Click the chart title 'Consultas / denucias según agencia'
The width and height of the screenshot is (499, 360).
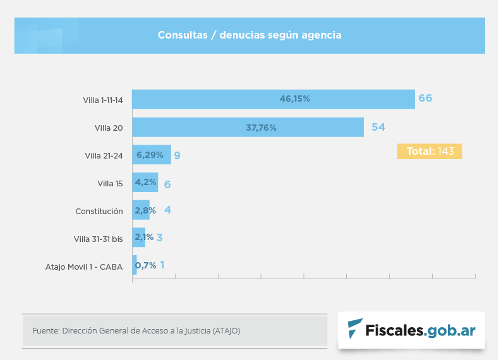tap(249, 35)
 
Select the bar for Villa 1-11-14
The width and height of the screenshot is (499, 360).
tap(273, 99)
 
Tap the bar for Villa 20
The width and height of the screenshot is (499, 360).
tap(248, 127)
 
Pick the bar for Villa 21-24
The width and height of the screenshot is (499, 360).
tap(151, 155)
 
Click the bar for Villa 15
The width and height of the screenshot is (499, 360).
tap(145, 183)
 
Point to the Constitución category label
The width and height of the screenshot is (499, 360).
tap(99, 211)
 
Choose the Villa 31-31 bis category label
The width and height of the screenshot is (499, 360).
tap(98, 239)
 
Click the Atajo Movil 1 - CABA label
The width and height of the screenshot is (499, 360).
tap(84, 267)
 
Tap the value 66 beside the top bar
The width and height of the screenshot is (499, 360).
tap(425, 99)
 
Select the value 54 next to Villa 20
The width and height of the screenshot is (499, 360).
tap(378, 127)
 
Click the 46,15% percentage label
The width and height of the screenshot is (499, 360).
tap(295, 99)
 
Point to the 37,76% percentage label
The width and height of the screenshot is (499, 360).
tap(261, 128)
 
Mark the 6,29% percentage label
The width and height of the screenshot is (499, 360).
tap(150, 155)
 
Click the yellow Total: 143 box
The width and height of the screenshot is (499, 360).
tap(430, 152)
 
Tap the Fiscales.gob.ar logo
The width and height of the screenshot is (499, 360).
tap(411, 330)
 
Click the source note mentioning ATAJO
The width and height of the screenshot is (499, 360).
tap(136, 330)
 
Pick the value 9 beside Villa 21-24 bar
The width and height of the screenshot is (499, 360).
tap(177, 155)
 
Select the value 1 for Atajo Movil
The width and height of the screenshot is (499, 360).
tap(162, 265)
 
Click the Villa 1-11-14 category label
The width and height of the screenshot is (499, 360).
tap(102, 100)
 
